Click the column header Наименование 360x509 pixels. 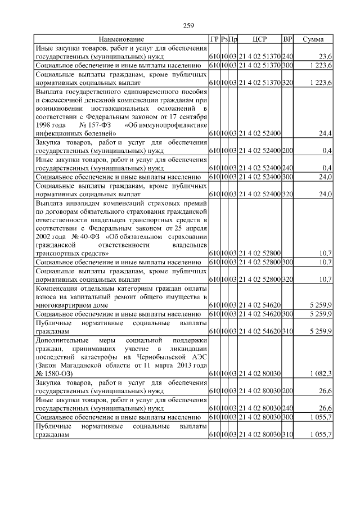tap(121, 39)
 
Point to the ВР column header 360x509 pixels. tap(287, 39)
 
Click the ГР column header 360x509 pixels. tap(214, 39)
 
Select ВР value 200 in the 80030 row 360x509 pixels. tap(287, 391)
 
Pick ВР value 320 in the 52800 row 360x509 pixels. tap(287, 280)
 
